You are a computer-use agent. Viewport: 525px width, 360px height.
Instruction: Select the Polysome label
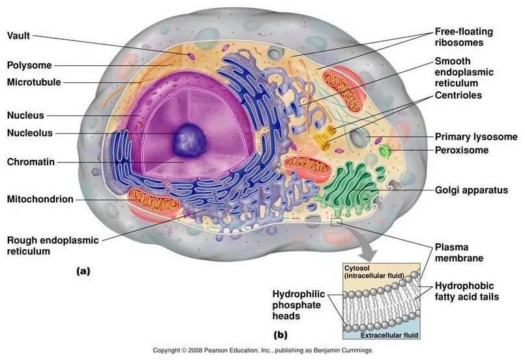29,65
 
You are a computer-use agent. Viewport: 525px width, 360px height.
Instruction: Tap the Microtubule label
35,82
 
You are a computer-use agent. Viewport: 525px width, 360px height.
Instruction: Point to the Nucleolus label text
30,133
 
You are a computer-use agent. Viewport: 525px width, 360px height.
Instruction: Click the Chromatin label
30,161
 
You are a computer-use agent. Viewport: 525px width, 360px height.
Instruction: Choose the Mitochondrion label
40,199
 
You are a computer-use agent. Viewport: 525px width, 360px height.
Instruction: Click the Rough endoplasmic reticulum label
52,245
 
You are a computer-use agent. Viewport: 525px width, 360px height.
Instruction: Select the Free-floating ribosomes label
464,37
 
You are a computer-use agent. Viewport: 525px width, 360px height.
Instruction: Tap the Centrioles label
459,95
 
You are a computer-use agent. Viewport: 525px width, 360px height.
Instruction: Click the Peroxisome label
461,151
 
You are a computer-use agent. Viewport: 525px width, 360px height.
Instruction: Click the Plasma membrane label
459,252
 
